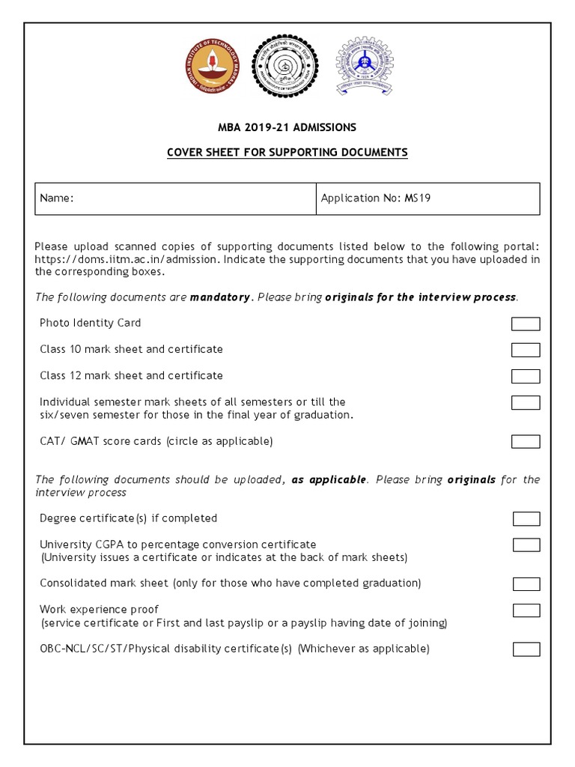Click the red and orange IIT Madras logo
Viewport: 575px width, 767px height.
click(x=213, y=66)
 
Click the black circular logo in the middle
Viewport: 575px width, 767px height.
click(x=285, y=66)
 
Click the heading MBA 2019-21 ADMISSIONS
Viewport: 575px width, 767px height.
click(x=287, y=127)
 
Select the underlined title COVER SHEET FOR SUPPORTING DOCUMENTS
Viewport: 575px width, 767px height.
click(x=287, y=153)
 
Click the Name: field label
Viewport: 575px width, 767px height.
click(x=57, y=198)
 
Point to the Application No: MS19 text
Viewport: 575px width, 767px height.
click(x=375, y=198)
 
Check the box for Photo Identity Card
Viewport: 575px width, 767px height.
click(x=526, y=324)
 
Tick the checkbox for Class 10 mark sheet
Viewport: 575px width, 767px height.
click(x=526, y=350)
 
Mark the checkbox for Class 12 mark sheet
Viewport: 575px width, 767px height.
click(x=526, y=376)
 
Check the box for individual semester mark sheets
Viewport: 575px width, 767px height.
click(x=526, y=403)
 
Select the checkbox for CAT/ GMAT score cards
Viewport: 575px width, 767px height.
click(x=526, y=441)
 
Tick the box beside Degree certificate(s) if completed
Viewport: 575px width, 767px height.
click(x=526, y=519)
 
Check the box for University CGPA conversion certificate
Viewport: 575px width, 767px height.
click(x=526, y=545)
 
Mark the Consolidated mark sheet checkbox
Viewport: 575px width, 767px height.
click(x=526, y=583)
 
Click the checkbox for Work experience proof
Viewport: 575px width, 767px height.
click(x=526, y=610)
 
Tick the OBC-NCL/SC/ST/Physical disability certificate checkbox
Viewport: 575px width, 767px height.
click(x=526, y=649)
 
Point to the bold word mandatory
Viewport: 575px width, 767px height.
click(x=220, y=297)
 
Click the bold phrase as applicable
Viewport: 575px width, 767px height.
click(x=329, y=479)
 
